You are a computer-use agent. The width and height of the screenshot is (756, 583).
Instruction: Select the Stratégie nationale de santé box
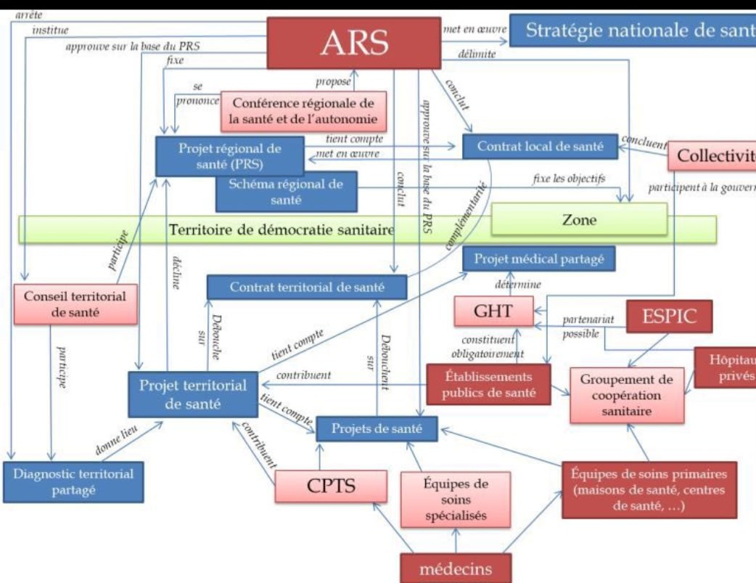coord(632,31)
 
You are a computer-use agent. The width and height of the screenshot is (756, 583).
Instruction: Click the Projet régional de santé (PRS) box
coord(229,155)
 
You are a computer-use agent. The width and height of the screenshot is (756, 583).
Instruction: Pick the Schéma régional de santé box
coord(287,191)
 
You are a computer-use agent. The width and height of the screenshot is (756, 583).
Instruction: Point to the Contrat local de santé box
coord(540,146)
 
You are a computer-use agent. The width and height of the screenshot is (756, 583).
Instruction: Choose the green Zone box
coord(578,220)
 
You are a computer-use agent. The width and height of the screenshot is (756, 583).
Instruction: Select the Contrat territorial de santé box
coord(307,287)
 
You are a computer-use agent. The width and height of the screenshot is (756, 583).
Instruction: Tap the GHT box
coord(493,311)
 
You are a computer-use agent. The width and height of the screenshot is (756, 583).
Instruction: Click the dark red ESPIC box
coord(667,317)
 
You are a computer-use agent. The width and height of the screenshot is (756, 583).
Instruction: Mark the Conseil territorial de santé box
coord(75,303)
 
